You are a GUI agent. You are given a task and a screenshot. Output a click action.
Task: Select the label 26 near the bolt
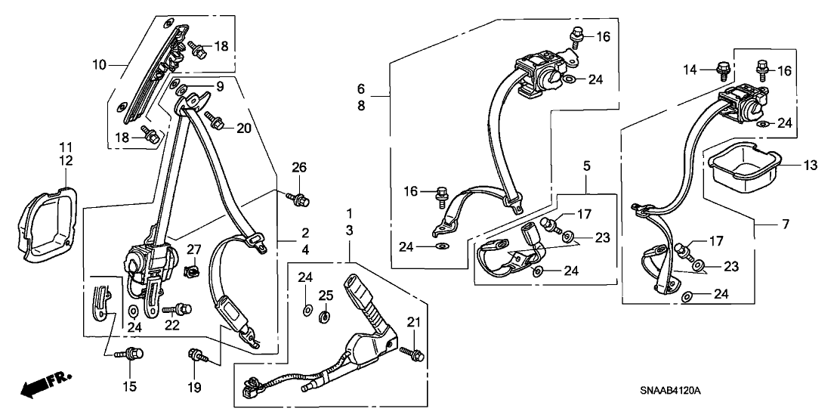(x=300, y=168)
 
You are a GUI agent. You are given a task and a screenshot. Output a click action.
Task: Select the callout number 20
(x=242, y=128)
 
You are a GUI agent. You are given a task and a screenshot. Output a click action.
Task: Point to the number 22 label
(x=173, y=326)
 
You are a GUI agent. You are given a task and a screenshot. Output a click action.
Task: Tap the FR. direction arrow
(x=41, y=385)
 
